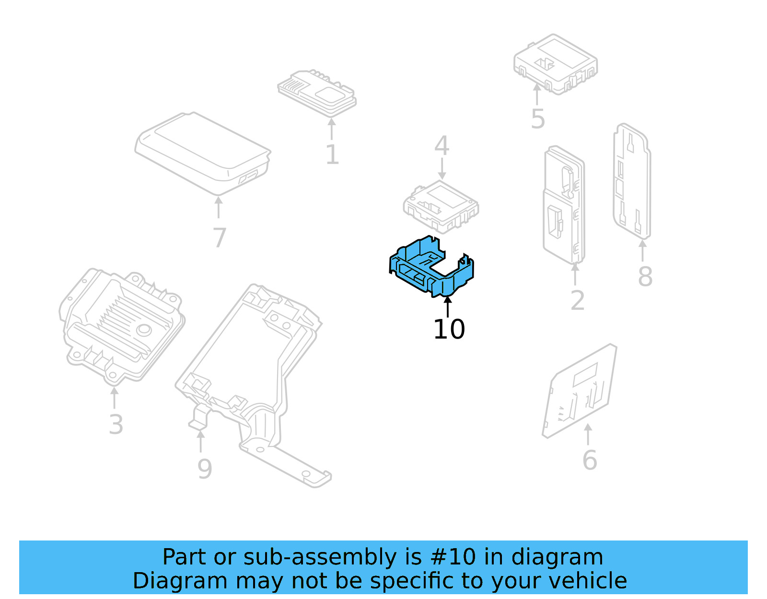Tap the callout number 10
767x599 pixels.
click(x=449, y=329)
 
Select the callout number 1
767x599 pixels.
click(x=332, y=154)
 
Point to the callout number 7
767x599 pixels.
click(x=219, y=237)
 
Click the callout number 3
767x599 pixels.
click(x=116, y=424)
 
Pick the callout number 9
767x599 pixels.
click(x=205, y=469)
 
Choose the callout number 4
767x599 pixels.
click(x=442, y=146)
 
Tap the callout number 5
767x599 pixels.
click(x=538, y=119)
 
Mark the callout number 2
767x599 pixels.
click(x=577, y=300)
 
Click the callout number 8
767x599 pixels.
click(x=645, y=277)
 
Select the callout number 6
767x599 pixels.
click(x=589, y=460)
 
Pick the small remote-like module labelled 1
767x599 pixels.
click(x=316, y=93)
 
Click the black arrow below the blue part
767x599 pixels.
click(x=448, y=307)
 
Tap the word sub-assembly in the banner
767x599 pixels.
click(x=320, y=557)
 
